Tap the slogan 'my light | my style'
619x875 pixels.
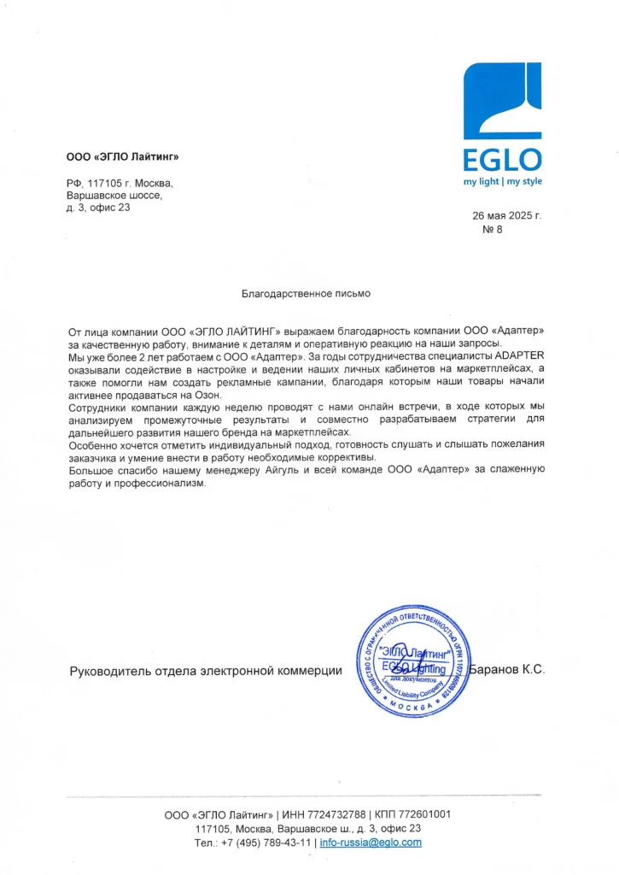[x=503, y=181]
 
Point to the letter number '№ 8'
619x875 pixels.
[x=493, y=230]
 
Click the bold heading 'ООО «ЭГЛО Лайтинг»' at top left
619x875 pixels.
[x=123, y=156]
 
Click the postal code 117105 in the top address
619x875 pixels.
[x=106, y=183]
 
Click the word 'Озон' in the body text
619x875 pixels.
[x=206, y=394]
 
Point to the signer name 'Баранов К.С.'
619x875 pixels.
[x=507, y=670]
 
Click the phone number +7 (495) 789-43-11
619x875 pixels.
[x=266, y=843]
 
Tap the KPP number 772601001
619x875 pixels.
[x=422, y=814]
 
